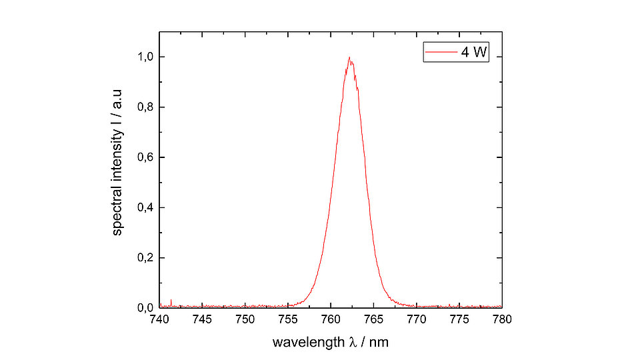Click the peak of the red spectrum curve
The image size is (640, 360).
(349, 57)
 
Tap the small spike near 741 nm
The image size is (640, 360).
(171, 301)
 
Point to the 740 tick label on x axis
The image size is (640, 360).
(160, 319)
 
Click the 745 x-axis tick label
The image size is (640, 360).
(203, 319)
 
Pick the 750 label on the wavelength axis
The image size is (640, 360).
(245, 319)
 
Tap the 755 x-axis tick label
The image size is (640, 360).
(288, 319)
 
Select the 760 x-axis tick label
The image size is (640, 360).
(331, 319)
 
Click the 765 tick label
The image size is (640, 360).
(374, 319)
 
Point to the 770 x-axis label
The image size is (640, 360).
(417, 319)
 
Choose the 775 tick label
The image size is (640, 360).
(459, 319)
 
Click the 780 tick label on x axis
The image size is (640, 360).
(502, 319)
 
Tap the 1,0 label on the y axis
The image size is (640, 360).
(146, 57)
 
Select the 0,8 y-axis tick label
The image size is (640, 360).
(146, 107)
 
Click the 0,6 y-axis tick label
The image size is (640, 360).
(146, 157)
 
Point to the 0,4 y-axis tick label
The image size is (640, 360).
(146, 207)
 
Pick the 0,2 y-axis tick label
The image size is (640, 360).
(146, 258)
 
